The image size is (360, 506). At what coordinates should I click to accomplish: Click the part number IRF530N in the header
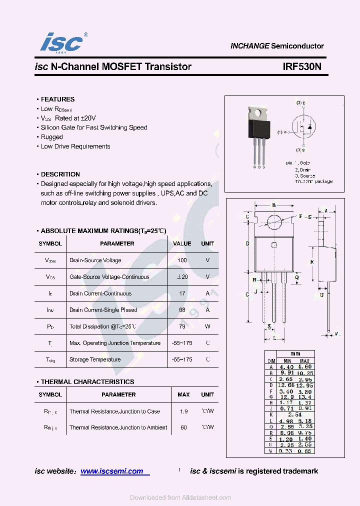click(x=302, y=66)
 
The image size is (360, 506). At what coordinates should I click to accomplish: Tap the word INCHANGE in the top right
click(x=249, y=46)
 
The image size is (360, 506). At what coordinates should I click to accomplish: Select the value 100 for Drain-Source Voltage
click(x=182, y=260)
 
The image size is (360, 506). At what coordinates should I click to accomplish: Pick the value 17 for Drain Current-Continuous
click(x=182, y=293)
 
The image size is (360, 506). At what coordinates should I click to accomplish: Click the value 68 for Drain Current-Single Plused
click(x=182, y=310)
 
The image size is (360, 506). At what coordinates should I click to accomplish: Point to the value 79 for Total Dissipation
click(x=182, y=326)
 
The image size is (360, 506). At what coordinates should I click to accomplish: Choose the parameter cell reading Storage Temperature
click(x=95, y=359)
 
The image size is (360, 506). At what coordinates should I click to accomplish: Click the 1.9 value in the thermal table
click(x=183, y=411)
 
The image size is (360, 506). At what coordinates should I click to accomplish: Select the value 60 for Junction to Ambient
click(x=183, y=427)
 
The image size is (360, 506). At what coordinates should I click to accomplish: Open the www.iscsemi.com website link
click(x=111, y=471)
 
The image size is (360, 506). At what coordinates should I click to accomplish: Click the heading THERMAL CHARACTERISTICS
click(x=87, y=382)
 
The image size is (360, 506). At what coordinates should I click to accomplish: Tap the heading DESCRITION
click(x=60, y=174)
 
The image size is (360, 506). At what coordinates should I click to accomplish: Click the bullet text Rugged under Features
click(x=51, y=137)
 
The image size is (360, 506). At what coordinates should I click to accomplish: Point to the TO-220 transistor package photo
click(x=260, y=132)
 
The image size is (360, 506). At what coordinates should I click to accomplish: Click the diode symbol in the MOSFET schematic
click(x=309, y=126)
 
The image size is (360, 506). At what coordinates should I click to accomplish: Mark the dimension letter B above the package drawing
click(x=274, y=205)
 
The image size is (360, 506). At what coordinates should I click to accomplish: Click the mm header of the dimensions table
click(x=295, y=353)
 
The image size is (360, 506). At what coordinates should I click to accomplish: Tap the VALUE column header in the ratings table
click(x=182, y=243)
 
